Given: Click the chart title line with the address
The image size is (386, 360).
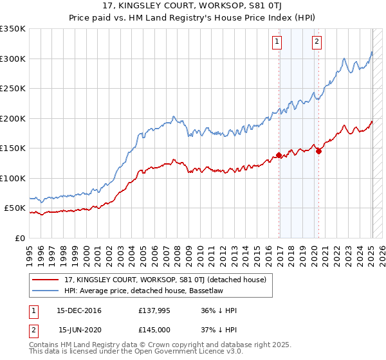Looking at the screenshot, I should point(193,7).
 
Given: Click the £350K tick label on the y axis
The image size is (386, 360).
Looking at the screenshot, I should point(12,29).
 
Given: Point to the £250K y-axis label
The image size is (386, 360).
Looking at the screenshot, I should point(12,89).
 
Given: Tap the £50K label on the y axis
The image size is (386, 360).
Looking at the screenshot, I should point(15,208).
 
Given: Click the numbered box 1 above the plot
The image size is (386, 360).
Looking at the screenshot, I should point(277,42).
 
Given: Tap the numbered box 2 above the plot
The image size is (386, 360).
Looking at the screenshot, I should point(317,42).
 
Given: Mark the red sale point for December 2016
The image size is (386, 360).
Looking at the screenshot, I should point(279,155).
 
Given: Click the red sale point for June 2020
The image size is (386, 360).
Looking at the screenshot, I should point(319,152).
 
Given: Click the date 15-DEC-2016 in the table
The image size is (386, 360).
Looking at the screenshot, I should point(79,310).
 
